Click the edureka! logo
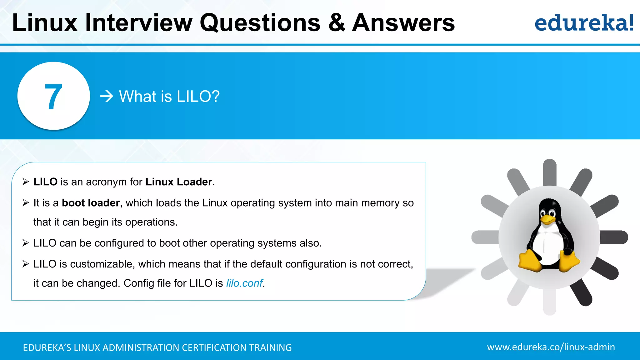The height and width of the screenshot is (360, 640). coord(584,23)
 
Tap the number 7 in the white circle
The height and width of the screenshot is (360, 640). coord(53,97)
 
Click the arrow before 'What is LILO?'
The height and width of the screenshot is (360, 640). coord(107,96)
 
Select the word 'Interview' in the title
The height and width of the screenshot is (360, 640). coord(138,23)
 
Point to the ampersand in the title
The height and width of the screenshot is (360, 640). coord(337,23)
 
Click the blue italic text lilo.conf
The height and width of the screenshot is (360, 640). coord(244,283)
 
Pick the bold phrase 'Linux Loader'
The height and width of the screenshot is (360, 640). coord(179,182)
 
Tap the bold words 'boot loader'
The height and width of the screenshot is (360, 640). coord(91,203)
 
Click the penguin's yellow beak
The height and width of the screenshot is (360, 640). coord(547,219)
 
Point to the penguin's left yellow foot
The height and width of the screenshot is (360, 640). coord(530,261)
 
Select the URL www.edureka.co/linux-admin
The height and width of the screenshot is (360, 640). coord(551,347)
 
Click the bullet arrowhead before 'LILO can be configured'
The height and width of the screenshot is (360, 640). coord(26,243)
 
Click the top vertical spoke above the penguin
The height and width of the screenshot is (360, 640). coord(549,172)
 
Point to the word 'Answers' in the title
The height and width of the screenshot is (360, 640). coord(403,23)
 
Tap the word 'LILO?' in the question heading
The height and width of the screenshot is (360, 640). coord(198,96)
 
